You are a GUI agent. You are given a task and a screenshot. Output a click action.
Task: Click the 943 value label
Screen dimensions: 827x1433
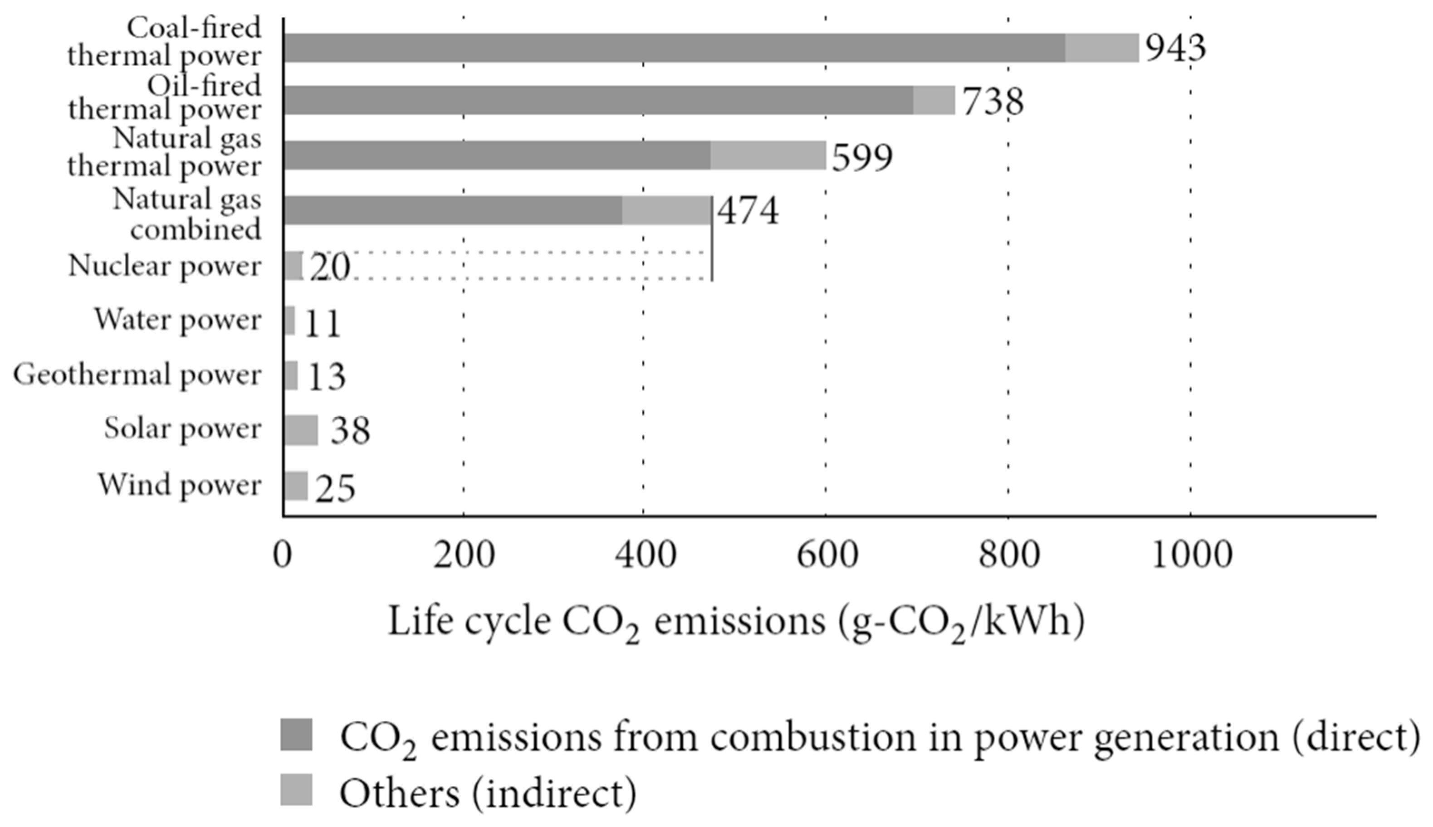coord(1174,48)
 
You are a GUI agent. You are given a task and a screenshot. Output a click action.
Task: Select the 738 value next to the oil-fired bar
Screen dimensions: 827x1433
coord(993,102)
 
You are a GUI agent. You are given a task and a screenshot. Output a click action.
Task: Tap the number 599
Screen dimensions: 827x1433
coord(862,157)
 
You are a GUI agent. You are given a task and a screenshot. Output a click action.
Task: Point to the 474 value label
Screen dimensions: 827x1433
coord(748,211)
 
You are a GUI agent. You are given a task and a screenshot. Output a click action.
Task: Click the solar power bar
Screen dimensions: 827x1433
coord(301,430)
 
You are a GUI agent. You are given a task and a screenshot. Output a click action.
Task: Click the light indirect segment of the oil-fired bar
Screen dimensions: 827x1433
coord(934,101)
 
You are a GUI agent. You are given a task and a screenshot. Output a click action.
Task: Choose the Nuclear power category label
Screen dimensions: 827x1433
coord(165,266)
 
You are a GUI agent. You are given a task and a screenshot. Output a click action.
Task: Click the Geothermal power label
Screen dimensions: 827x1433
coord(137,375)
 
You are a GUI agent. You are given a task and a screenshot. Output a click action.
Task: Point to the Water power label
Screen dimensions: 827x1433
coord(178,320)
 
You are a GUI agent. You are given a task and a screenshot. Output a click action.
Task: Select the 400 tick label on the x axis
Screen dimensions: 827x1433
coord(646,555)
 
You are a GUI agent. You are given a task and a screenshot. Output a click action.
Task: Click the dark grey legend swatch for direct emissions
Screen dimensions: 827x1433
coord(296,735)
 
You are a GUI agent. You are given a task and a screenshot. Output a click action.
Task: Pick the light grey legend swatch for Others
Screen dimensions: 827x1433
coord(296,789)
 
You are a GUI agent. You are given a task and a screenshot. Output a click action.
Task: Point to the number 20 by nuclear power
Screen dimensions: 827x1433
coord(329,267)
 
